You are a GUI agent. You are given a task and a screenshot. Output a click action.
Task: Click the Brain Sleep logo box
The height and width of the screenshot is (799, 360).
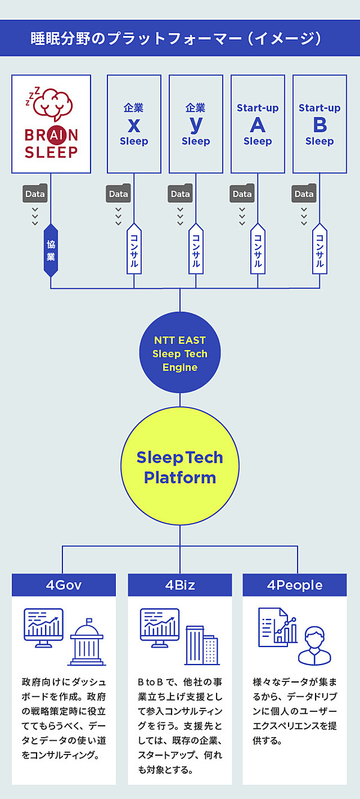[x=51, y=124]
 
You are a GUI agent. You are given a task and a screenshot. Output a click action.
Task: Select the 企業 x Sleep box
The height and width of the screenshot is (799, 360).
[x=134, y=124]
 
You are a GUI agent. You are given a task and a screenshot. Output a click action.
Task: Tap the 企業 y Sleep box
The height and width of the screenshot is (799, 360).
[x=196, y=124]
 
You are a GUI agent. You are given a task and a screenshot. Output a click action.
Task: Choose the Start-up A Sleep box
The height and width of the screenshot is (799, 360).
[x=257, y=124]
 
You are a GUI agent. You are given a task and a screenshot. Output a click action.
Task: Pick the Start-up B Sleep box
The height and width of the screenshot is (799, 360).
[x=319, y=124]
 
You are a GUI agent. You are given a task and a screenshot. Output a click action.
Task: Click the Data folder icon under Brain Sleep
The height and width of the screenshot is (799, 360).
[x=35, y=193]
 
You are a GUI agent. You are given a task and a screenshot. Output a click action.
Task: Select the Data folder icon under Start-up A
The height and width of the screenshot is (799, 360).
[x=242, y=193]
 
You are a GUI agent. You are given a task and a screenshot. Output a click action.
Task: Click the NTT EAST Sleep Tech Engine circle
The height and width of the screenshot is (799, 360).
[x=180, y=354]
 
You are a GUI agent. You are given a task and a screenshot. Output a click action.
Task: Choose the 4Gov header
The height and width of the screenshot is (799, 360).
[x=64, y=585]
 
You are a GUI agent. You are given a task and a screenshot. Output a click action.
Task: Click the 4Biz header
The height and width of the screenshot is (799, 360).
[x=180, y=585]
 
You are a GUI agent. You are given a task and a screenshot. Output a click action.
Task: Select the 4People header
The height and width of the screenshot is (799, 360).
[x=295, y=585]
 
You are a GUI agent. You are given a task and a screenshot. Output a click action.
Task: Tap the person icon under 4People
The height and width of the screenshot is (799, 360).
[x=314, y=645]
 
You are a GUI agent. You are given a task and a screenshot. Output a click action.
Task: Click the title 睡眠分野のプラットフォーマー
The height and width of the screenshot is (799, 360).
[x=180, y=38]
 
